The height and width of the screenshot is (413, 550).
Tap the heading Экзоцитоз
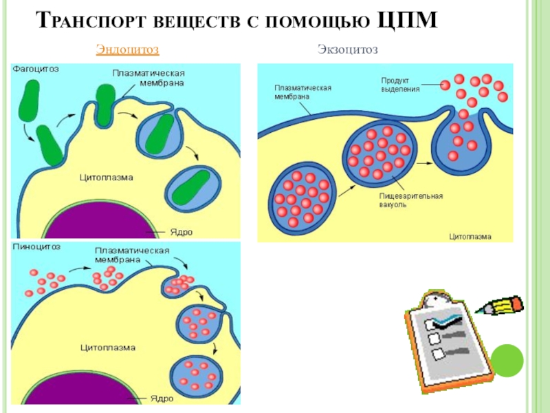click(348, 50)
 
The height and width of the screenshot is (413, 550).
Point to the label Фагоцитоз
click(35, 70)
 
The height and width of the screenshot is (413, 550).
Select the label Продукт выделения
click(400, 85)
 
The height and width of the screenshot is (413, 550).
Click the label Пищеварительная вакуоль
click(411, 200)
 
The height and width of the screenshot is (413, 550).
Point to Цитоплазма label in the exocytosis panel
click(470, 235)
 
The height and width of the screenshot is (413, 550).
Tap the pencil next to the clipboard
click(502, 306)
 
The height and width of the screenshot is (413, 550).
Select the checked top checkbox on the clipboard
click(434, 322)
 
